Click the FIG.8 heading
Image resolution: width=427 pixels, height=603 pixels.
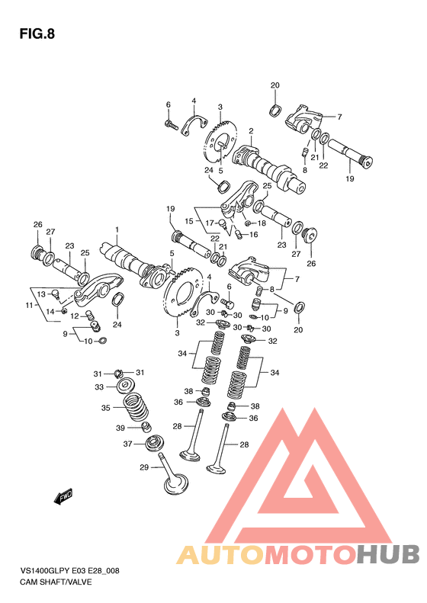click(37, 34)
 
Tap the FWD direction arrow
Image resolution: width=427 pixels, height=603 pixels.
click(63, 496)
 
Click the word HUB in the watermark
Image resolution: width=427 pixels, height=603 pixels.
click(387, 554)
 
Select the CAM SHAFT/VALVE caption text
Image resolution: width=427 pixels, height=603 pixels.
click(56, 582)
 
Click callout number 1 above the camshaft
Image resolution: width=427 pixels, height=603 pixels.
click(117, 229)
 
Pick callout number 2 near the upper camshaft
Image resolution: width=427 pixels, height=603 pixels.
click(251, 131)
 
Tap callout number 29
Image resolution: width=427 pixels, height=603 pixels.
click(144, 467)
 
